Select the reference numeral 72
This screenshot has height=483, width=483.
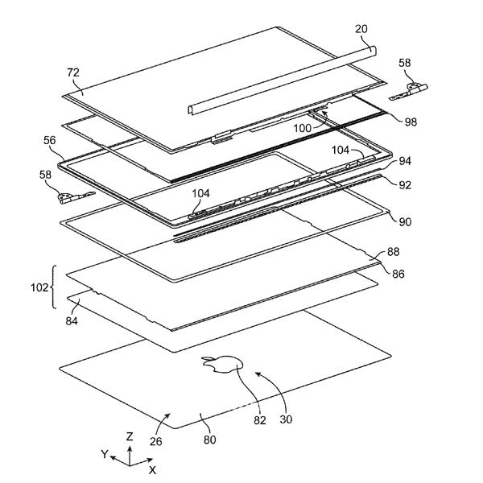pos(73,72)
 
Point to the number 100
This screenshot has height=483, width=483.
pos(303,128)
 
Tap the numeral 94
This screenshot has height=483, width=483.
pos(404,161)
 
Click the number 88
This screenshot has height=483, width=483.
pos(393,251)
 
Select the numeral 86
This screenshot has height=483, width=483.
pos(398,275)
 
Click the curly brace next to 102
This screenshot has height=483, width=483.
pos(55,286)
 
